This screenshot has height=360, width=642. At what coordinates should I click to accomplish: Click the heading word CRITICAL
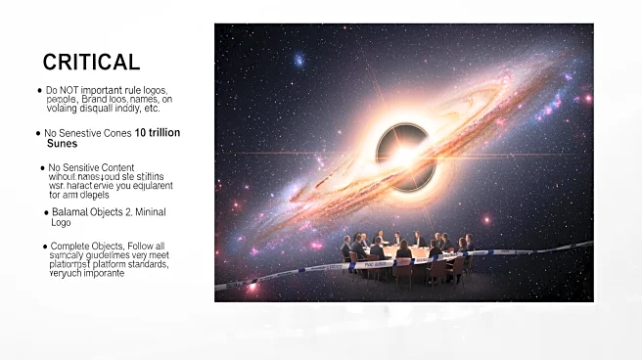(x=91, y=63)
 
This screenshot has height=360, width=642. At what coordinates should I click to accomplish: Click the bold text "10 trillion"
(x=158, y=132)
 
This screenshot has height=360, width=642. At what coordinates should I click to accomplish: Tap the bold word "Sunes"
(x=62, y=144)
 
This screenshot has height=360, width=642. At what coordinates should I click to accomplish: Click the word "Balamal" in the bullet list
(x=71, y=211)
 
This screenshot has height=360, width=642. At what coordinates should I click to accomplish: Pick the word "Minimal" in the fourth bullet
(x=156, y=211)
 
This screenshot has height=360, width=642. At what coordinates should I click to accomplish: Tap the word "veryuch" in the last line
(x=67, y=274)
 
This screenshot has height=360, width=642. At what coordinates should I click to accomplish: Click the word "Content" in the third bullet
(x=115, y=167)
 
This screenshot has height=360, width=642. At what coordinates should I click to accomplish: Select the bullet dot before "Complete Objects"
(x=43, y=246)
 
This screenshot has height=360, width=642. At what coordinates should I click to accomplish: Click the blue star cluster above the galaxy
(x=297, y=61)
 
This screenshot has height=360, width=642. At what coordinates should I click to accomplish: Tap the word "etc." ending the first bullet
(x=150, y=110)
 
